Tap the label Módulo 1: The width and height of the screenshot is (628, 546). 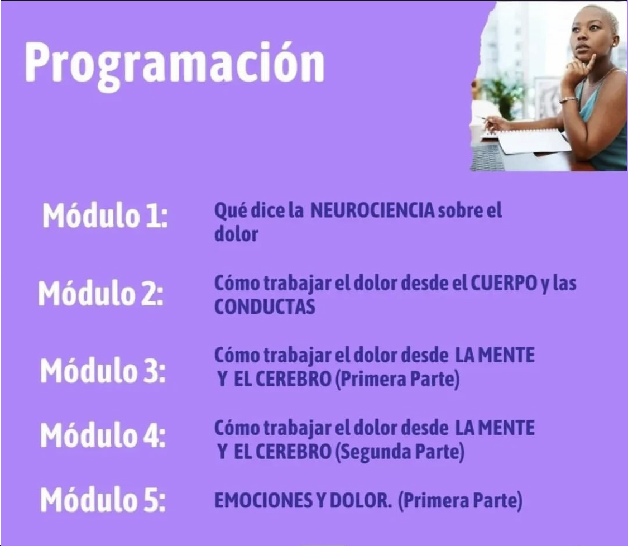click(x=105, y=216)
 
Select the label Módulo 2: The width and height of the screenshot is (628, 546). click(x=101, y=293)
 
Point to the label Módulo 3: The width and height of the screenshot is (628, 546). click(x=103, y=370)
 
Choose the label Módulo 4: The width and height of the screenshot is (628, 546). click(x=103, y=435)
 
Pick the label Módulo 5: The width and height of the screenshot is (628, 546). click(x=103, y=499)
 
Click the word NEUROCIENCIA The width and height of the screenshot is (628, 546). click(x=372, y=210)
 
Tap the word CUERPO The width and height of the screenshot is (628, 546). click(x=504, y=283)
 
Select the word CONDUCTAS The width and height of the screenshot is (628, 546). click(x=265, y=307)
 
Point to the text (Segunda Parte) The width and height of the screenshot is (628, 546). click(x=400, y=452)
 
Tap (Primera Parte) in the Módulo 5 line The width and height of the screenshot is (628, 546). click(x=461, y=501)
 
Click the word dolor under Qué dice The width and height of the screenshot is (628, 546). click(x=236, y=234)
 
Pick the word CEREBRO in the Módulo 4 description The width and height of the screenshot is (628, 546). click(x=293, y=452)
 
